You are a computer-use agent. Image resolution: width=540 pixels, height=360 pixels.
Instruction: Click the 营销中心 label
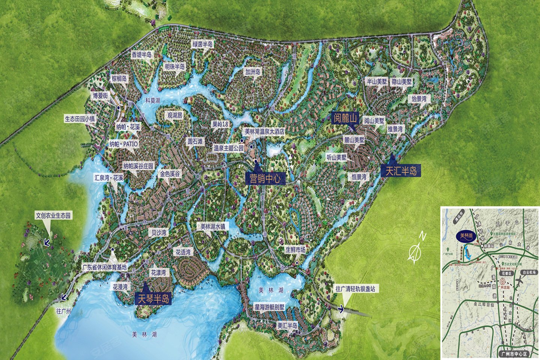265,178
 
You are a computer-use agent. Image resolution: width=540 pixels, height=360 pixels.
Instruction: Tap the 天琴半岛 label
153,298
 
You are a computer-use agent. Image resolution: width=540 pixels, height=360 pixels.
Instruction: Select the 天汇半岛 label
401,171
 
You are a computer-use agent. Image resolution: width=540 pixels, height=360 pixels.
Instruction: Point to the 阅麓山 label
345,118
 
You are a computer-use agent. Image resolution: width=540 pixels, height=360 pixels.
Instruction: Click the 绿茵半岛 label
202,44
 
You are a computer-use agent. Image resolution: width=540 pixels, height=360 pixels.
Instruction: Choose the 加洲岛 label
253,71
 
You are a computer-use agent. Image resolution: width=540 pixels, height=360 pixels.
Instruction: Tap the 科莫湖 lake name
153,100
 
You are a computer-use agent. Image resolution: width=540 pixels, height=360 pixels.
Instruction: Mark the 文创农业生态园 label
53,216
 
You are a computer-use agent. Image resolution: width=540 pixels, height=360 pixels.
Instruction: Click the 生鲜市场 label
295,249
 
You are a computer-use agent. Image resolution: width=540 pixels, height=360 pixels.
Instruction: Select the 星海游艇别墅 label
270,307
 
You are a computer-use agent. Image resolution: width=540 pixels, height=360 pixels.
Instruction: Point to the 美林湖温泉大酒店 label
265,132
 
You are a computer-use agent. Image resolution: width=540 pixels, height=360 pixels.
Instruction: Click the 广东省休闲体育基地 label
105,267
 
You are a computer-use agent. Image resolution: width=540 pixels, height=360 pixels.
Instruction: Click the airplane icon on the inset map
520,281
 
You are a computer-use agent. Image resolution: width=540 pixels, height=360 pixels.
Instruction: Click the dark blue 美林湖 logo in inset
467,236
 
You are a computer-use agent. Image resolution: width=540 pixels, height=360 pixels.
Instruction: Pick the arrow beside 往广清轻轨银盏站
340,309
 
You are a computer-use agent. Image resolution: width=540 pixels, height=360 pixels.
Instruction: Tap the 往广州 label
64,311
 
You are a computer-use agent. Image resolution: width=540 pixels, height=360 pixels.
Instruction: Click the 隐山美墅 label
402,81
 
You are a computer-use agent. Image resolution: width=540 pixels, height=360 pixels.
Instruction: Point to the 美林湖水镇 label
213,226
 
